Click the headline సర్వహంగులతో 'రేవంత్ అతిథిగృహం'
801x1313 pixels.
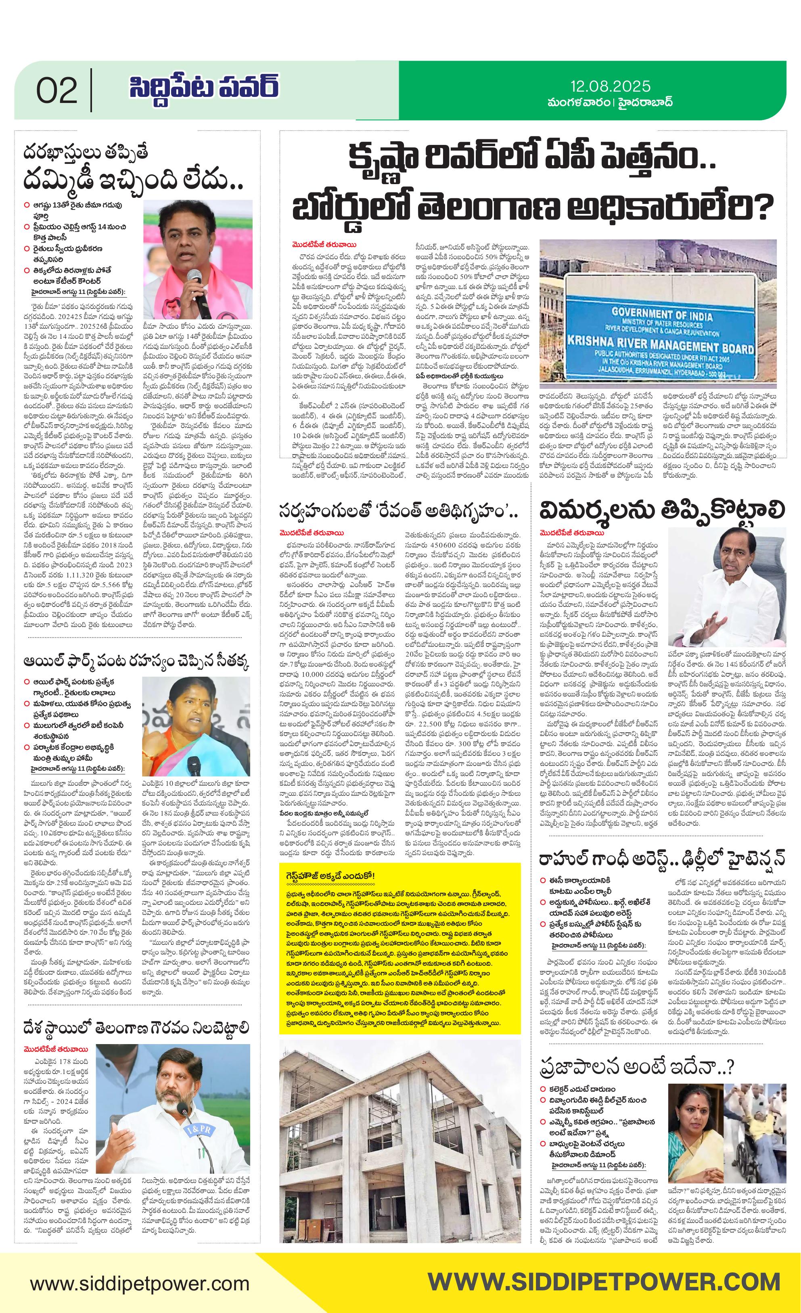399,512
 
